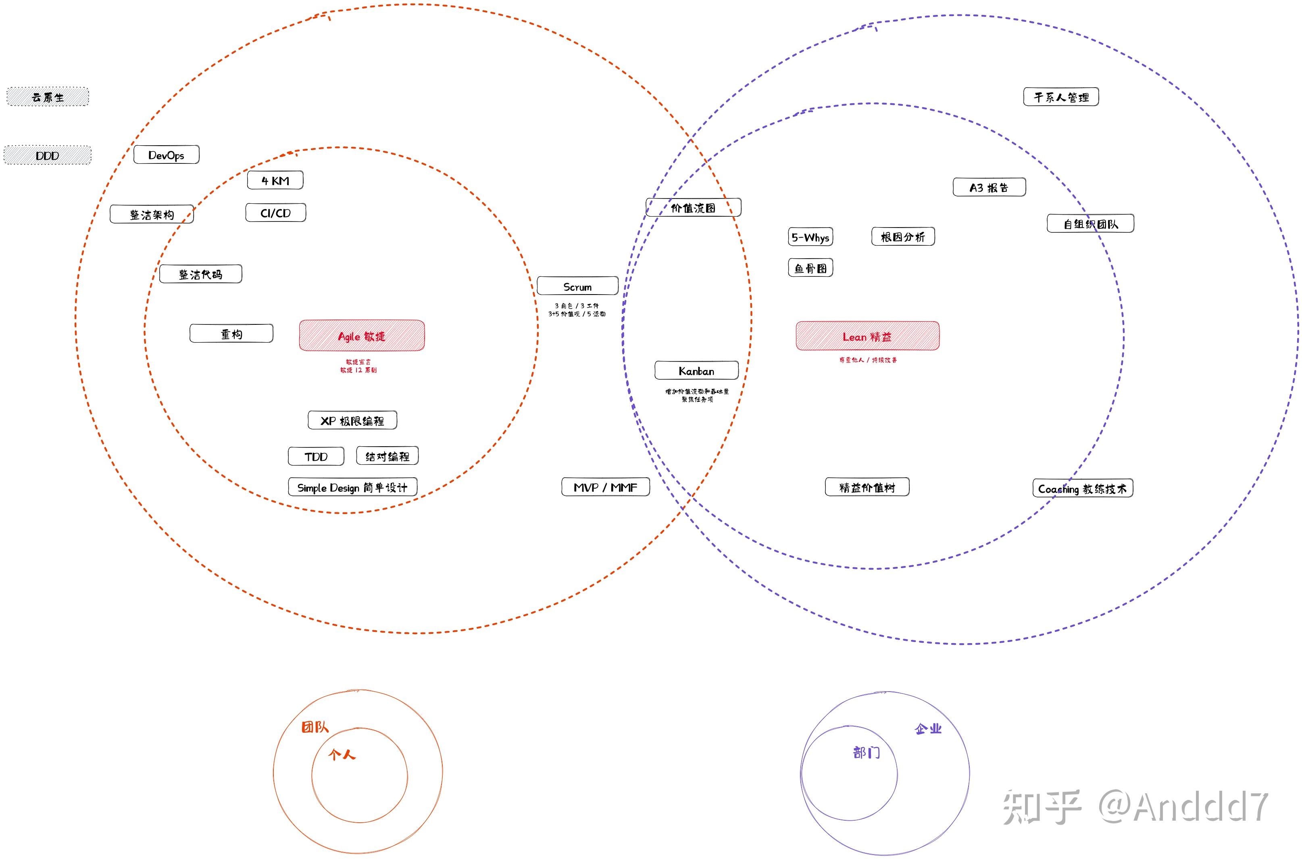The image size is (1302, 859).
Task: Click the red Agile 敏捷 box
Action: (x=361, y=335)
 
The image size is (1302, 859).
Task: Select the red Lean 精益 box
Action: (x=867, y=336)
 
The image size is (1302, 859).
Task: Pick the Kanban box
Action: (x=696, y=370)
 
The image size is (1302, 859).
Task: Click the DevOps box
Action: (x=167, y=155)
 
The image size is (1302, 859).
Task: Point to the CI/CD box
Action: (x=275, y=213)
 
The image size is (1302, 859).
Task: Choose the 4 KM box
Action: (x=275, y=180)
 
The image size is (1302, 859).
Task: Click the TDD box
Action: (x=316, y=456)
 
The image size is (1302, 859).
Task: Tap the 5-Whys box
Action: (x=810, y=237)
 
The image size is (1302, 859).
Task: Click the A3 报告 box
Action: (x=989, y=187)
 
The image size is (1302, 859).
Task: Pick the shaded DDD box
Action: (x=48, y=155)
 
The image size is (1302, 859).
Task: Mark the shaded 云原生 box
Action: (x=48, y=97)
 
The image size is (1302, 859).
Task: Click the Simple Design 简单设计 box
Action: (x=352, y=487)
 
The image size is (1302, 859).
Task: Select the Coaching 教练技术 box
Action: (x=1082, y=488)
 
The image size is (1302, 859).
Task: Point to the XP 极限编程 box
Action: (x=352, y=420)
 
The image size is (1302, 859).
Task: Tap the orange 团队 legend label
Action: (x=315, y=727)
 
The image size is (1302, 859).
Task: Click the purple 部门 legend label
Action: (x=866, y=752)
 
